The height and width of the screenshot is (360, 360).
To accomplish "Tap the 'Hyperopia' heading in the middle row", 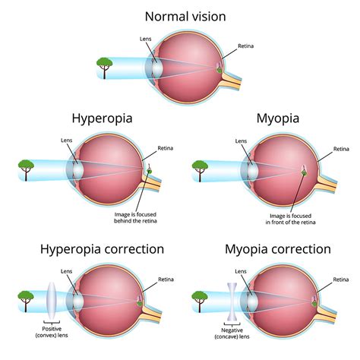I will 103,118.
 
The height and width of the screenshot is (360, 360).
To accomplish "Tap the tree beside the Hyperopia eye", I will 27,167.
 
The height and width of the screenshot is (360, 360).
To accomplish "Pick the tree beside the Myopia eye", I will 201,167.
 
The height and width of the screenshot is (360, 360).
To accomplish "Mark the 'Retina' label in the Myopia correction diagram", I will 340,279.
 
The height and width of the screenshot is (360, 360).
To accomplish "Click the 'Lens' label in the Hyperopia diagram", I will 68,141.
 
